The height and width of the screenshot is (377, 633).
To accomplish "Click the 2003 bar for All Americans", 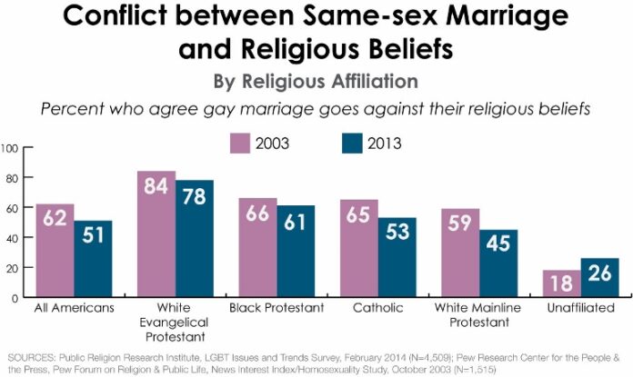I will (x=55, y=251).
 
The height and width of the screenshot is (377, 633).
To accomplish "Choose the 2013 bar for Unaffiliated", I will (x=600, y=278).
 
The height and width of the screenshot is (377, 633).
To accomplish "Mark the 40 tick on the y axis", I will (x=12, y=238).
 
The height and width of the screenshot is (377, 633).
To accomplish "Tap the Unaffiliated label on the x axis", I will (x=581, y=308).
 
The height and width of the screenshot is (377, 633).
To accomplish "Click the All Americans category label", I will (x=75, y=308).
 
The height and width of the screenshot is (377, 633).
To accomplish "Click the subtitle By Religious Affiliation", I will (x=316, y=80).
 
